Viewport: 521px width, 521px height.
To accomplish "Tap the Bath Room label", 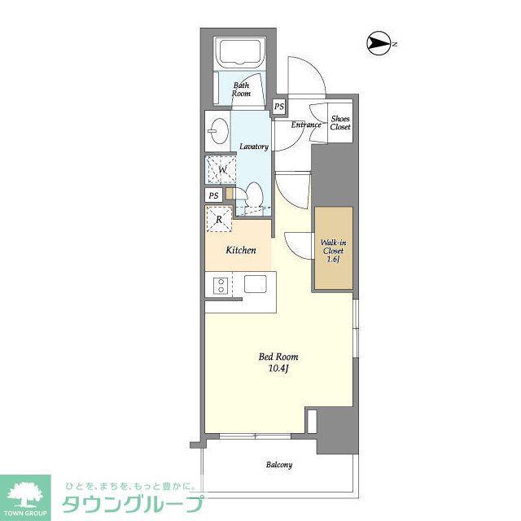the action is (x=241, y=90).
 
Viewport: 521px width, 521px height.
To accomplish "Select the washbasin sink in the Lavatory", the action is (x=219, y=131).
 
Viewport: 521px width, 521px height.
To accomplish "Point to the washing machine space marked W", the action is (x=221, y=170).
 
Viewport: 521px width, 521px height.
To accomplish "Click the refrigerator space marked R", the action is (x=219, y=219).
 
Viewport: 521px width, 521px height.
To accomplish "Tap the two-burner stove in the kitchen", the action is (x=220, y=286).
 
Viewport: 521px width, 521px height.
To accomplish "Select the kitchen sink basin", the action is (x=255, y=284).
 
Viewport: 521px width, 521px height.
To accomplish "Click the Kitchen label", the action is (x=241, y=250).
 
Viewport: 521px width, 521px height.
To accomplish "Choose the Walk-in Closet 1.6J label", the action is (x=333, y=252).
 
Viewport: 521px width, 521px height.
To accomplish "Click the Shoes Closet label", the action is (x=340, y=123).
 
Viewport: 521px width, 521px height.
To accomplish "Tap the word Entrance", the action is (x=306, y=125).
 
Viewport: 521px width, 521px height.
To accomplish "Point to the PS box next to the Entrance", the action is (x=279, y=107).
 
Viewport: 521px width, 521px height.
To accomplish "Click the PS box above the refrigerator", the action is (x=213, y=195).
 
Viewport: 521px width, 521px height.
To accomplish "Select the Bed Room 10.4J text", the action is (x=278, y=362).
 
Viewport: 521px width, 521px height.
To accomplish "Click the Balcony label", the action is (x=279, y=465).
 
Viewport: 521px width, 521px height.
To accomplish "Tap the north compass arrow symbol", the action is (x=379, y=43).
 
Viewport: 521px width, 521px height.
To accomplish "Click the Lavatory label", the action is (x=254, y=147).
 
